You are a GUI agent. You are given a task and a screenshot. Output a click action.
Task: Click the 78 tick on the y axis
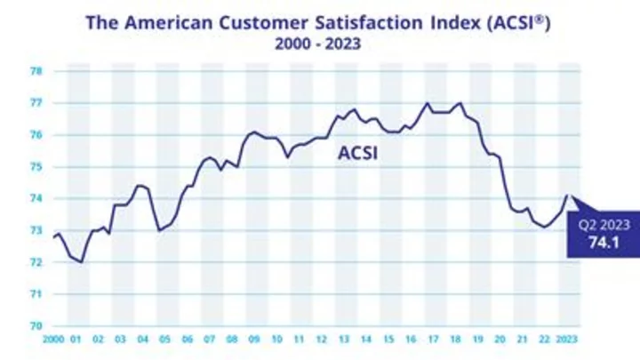[36, 71]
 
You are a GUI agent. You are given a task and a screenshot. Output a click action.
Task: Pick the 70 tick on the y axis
[36, 325]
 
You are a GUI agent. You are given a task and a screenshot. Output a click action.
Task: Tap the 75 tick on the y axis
[36, 166]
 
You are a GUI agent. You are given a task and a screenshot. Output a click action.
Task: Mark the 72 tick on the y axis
[36, 262]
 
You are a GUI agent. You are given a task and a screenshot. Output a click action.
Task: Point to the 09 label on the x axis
[253, 340]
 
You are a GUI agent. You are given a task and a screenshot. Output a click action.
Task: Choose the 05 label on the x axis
[164, 340]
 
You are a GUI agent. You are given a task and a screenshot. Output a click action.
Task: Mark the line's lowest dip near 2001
[82, 262]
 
